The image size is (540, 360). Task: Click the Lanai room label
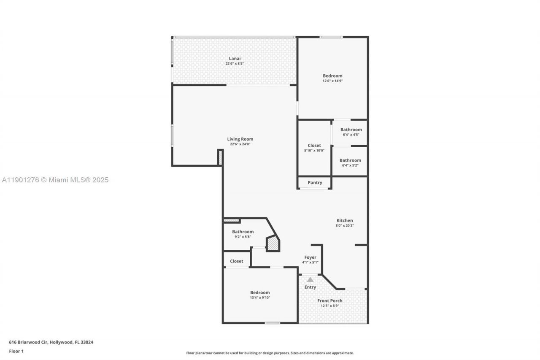235,58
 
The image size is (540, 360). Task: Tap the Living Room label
240,139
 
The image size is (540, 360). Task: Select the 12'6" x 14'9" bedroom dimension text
332,81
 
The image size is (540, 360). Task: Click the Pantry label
315,183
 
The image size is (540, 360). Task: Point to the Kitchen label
345,220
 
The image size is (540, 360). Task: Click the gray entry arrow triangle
310,279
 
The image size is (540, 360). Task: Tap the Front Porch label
330,301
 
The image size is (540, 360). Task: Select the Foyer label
310,257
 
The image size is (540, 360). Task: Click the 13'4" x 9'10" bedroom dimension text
260,298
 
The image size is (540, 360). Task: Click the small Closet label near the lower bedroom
236,261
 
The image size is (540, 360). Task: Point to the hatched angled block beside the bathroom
273,244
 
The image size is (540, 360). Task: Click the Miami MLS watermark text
55,180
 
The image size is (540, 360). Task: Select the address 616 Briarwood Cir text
51,342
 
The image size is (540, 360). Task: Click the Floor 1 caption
16,351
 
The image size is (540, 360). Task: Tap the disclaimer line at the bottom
270,353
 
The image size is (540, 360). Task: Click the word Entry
310,287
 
